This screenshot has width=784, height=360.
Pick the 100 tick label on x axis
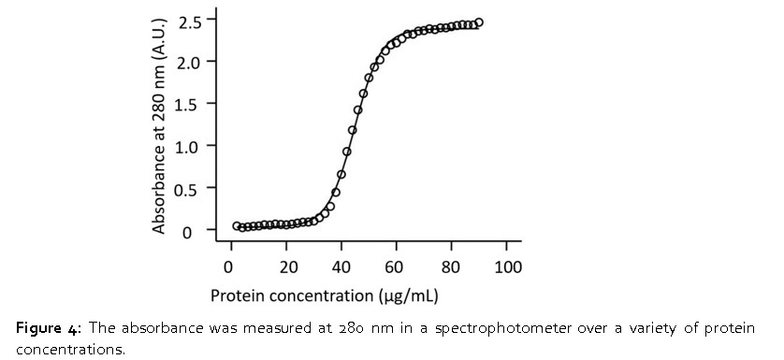508,266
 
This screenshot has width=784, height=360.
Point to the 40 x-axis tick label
342,266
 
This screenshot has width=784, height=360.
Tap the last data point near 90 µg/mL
479,22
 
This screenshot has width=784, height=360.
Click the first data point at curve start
237,225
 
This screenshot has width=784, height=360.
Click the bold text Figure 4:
49,329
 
